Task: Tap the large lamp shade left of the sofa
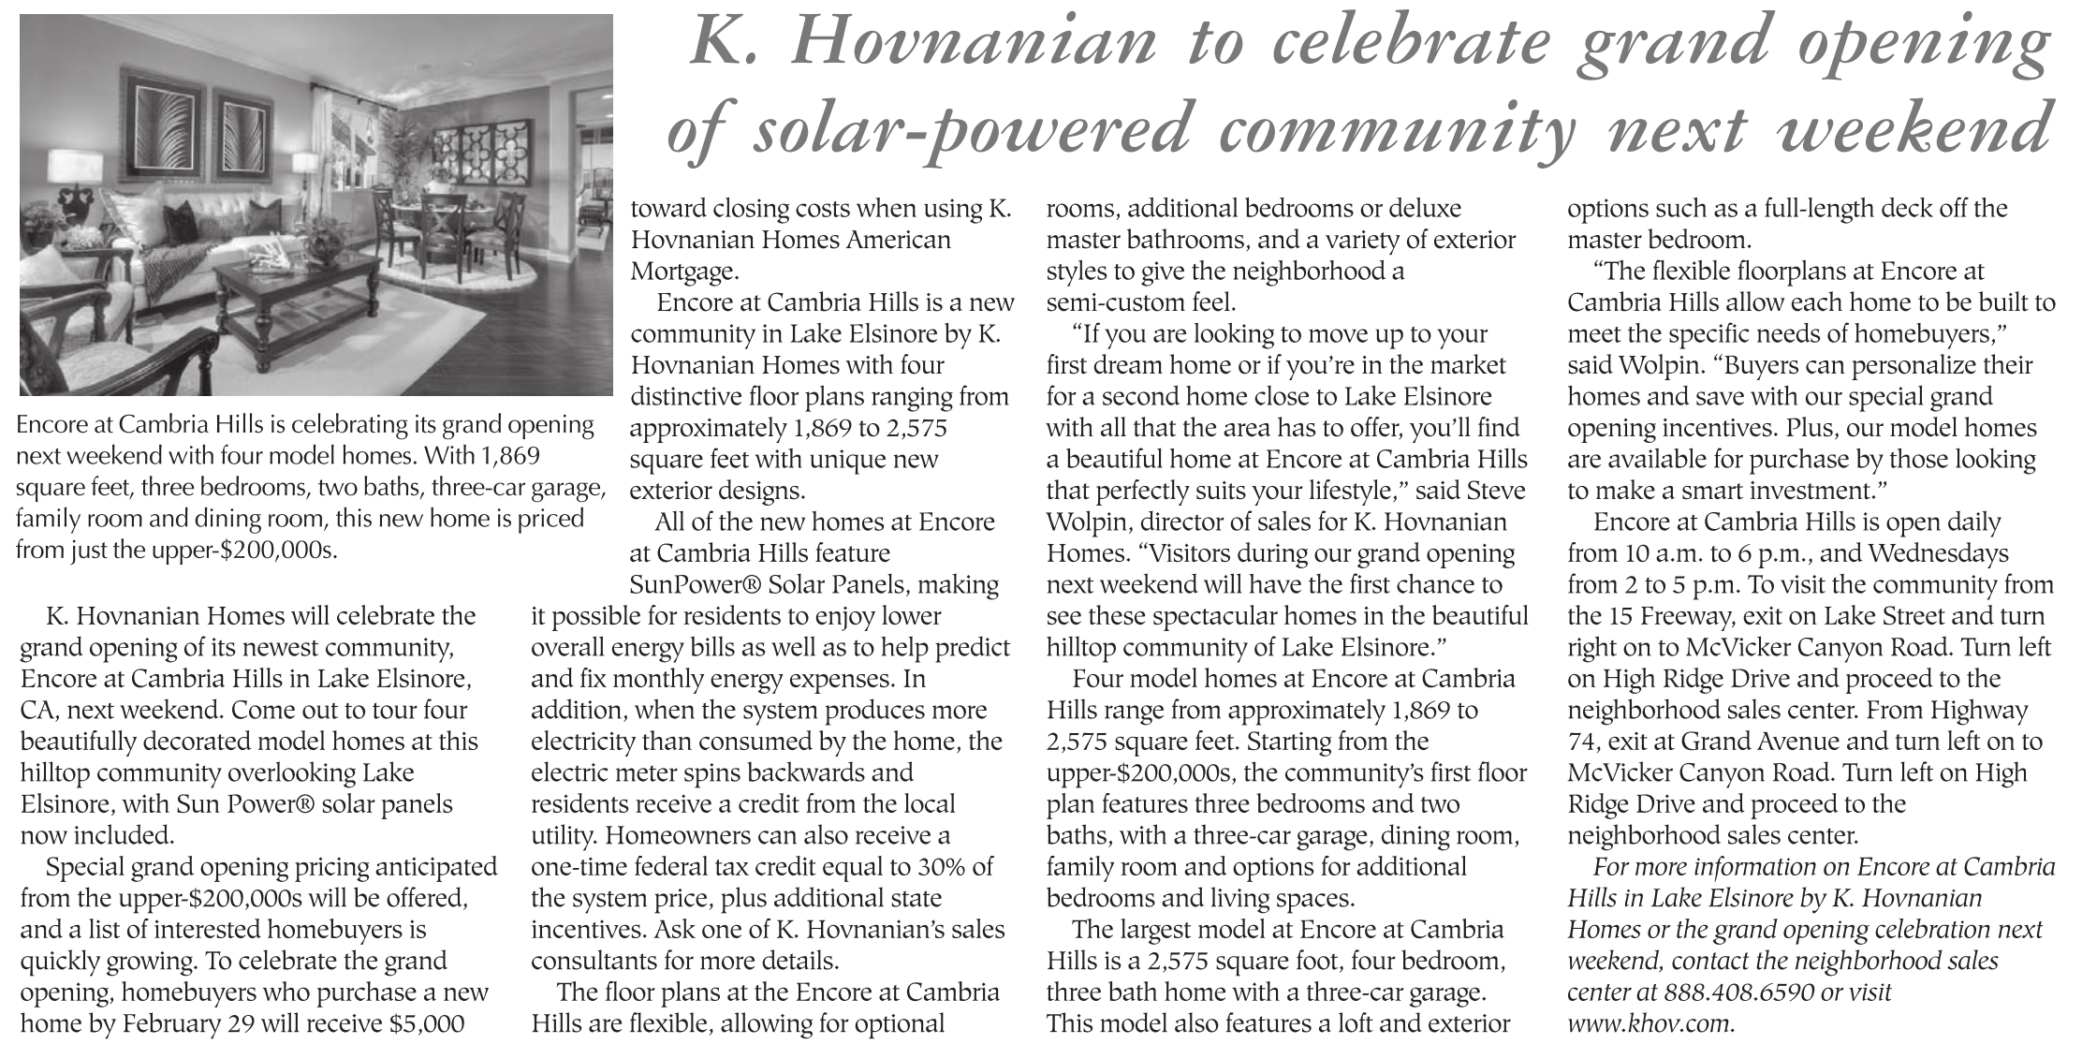pos(75,166)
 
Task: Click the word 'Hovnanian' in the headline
pos(973,44)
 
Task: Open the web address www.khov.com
pos(1650,1023)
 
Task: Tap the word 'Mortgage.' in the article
pos(684,272)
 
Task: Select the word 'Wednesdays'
pos(1938,553)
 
